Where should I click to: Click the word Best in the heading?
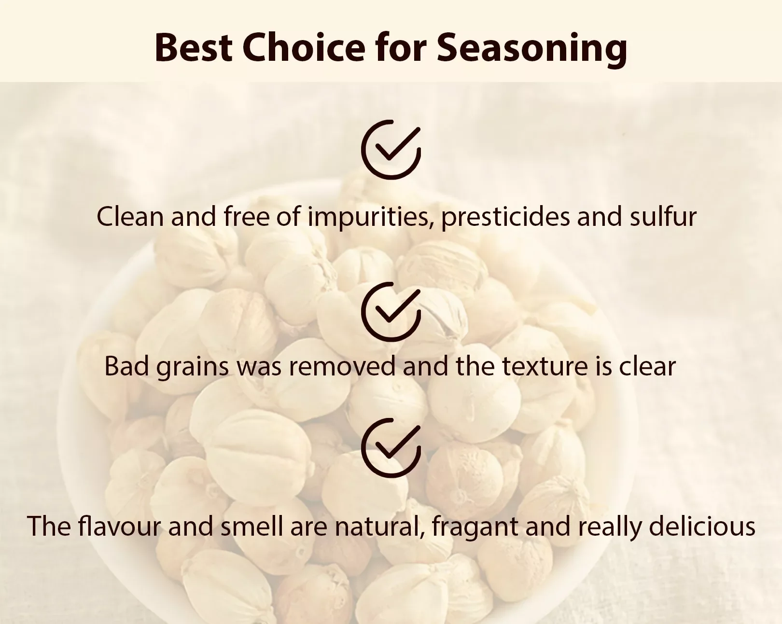193,48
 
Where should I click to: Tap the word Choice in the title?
304,48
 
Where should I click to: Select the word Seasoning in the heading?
532,51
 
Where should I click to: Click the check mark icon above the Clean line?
391,150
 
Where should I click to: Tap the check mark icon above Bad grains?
391,312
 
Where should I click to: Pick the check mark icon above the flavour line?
391,448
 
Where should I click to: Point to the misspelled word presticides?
505,218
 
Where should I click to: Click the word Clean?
130,216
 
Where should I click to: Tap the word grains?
193,368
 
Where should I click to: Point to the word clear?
647,366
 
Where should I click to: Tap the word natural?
380,527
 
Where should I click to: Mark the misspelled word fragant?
475,528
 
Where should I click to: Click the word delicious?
702,526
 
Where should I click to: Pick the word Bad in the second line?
126,366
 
